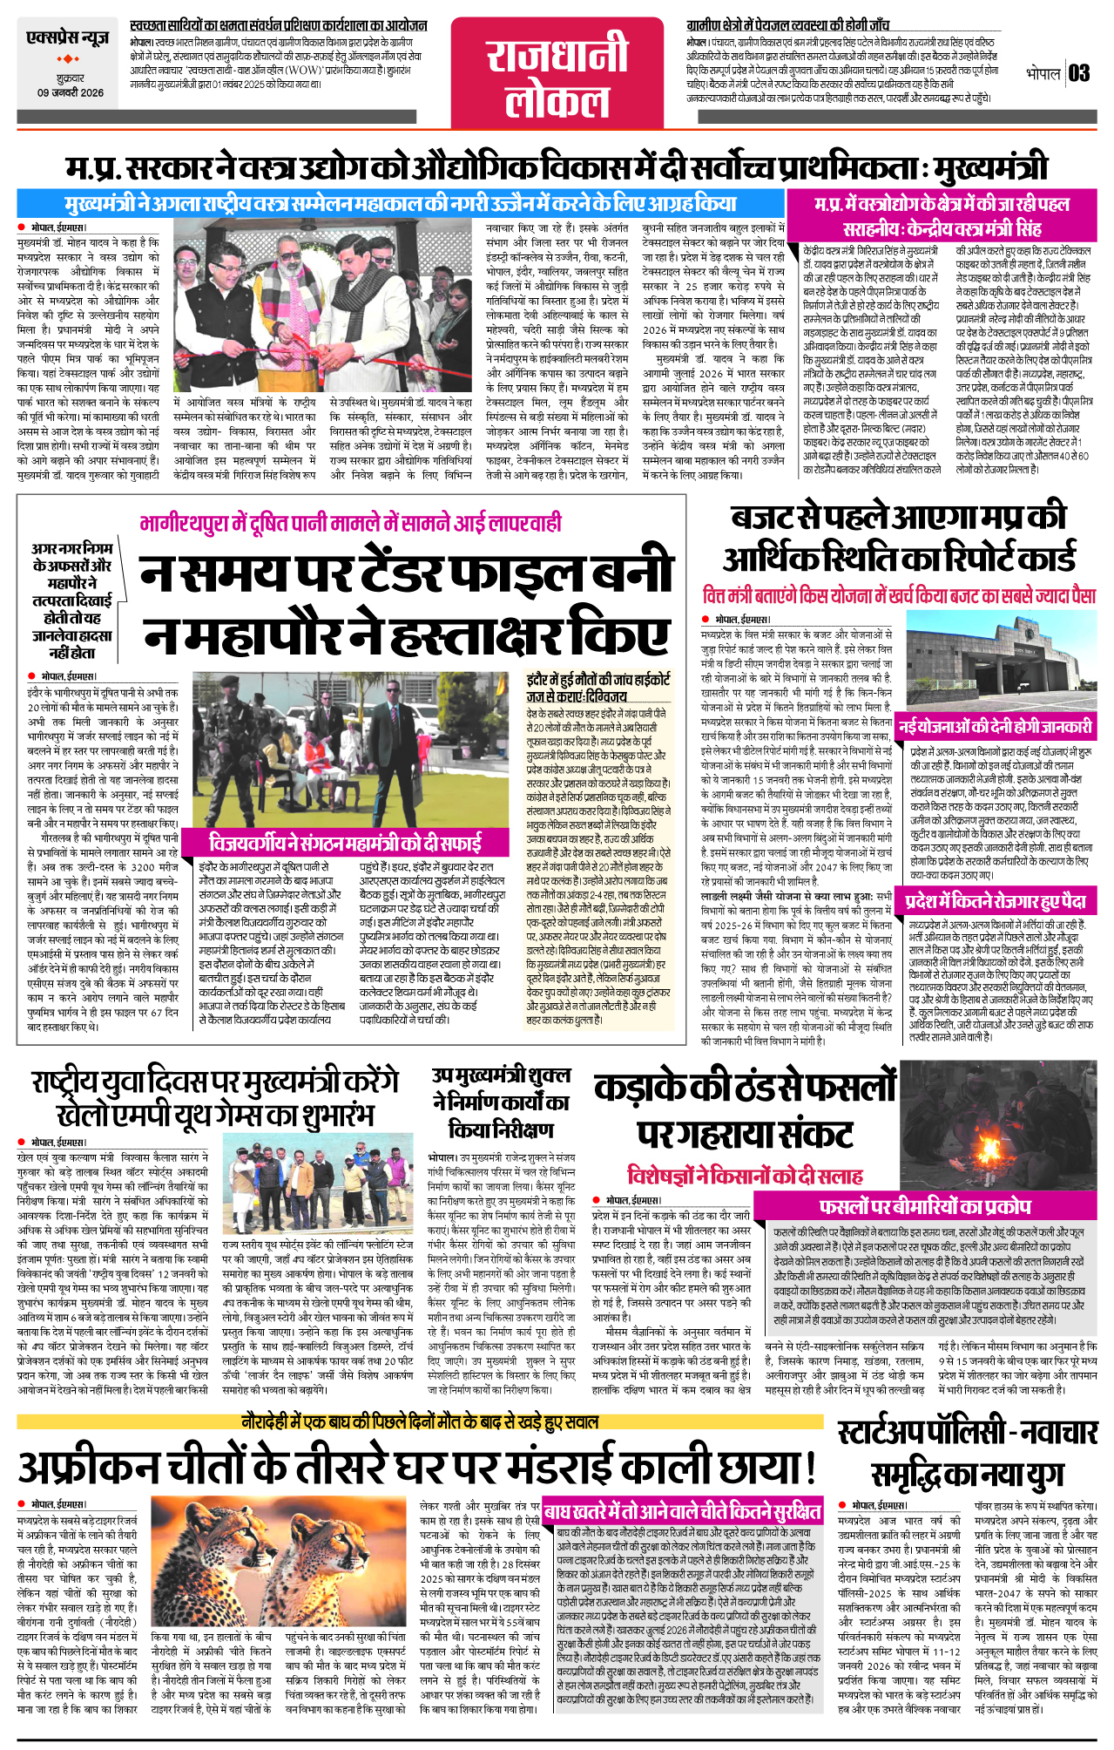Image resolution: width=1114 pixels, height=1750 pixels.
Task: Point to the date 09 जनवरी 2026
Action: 70,92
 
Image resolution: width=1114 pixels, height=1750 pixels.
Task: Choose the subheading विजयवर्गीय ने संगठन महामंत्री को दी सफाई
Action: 345,843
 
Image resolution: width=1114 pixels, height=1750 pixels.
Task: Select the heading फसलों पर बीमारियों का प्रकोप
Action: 924,1207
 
